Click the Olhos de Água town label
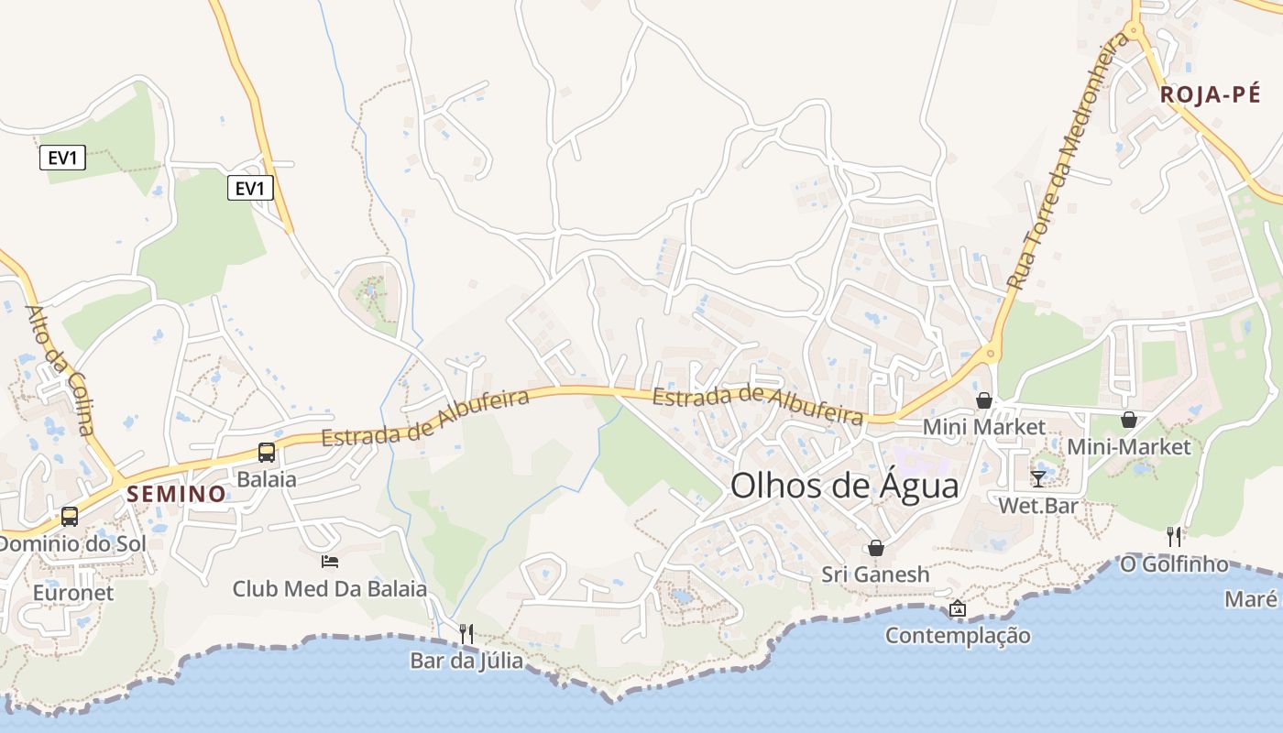(844, 486)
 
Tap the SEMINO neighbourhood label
(176, 494)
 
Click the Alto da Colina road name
(60, 369)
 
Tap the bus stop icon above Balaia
(267, 452)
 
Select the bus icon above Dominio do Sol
(70, 516)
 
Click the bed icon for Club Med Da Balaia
(330, 561)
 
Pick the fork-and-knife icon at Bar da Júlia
(466, 633)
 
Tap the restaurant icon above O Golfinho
(1174, 536)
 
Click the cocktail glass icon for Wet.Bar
(1037, 478)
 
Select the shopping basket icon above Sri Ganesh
(876, 548)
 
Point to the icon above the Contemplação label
(958, 608)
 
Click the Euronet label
(73, 593)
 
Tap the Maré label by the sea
(1250, 599)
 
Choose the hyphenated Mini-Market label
(1129, 446)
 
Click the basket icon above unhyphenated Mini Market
(984, 400)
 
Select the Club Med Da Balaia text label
(330, 588)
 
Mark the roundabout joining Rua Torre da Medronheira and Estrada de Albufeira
(989, 353)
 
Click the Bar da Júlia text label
(466, 660)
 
